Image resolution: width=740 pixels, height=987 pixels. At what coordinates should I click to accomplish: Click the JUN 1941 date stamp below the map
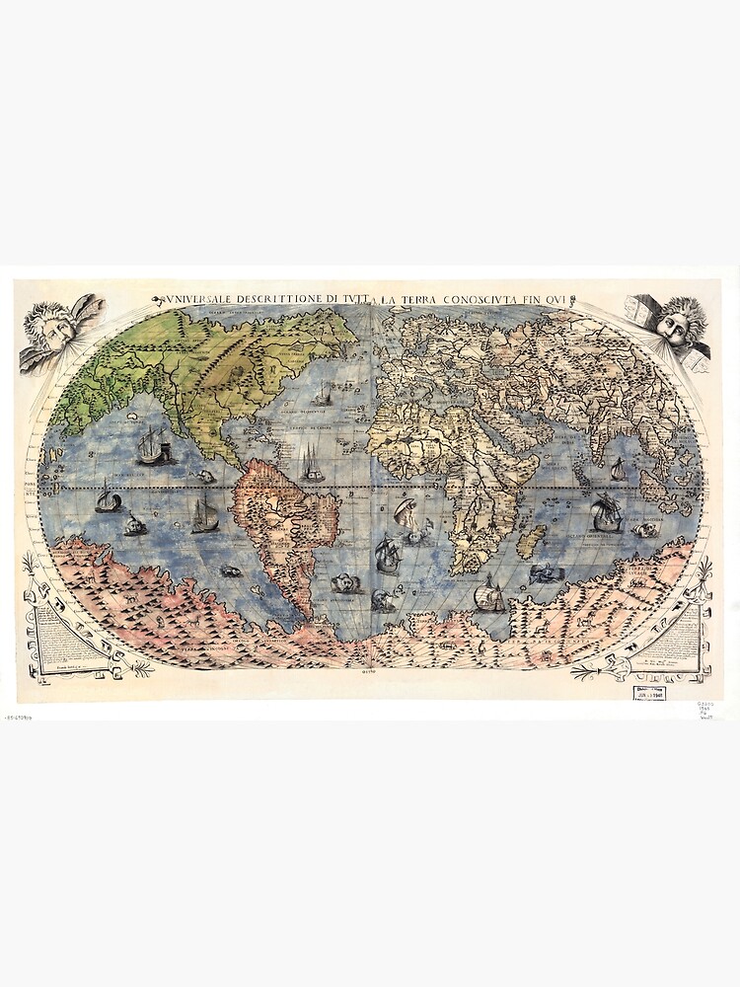(x=648, y=693)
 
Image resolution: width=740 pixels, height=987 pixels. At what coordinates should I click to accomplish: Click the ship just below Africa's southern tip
(x=490, y=595)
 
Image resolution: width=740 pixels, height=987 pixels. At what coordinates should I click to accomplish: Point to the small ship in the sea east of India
(x=619, y=469)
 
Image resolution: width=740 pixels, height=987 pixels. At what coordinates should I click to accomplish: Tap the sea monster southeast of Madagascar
(x=543, y=573)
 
